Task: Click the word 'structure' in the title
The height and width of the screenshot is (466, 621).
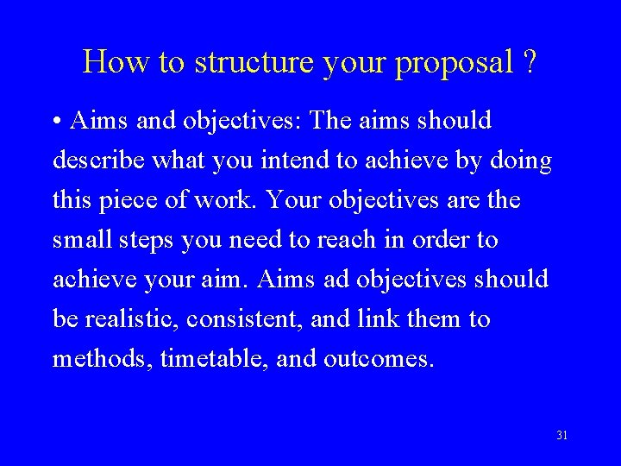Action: (x=249, y=62)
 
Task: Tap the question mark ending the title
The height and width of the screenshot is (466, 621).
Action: (x=529, y=62)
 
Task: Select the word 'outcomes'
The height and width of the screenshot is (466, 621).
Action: (x=377, y=358)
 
